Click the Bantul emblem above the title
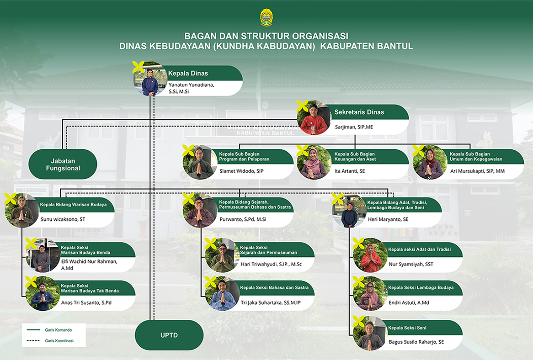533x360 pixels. coord(266,17)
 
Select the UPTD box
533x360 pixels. coord(169,336)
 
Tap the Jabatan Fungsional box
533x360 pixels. coord(63,164)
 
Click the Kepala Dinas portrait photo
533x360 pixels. coord(150,79)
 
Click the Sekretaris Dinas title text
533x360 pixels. coord(359,112)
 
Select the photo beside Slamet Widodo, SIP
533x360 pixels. coord(199,162)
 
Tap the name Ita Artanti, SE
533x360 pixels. coord(349,171)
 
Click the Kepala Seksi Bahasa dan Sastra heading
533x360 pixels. coord(274,288)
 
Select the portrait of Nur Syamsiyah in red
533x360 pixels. coord(370,255)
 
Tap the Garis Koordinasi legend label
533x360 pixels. coord(59,341)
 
